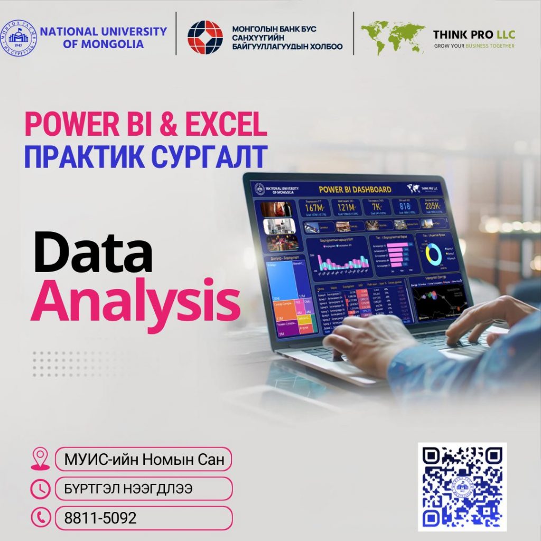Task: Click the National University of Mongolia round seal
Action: [19, 38]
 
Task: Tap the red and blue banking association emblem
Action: [205, 38]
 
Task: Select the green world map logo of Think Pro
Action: [393, 38]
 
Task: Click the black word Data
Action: [93, 254]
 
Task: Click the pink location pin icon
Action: [40, 459]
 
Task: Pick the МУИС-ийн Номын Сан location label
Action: [144, 459]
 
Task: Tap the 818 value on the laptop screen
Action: [404, 207]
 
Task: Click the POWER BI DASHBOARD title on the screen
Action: [355, 189]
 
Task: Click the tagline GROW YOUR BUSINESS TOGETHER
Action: [474, 46]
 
